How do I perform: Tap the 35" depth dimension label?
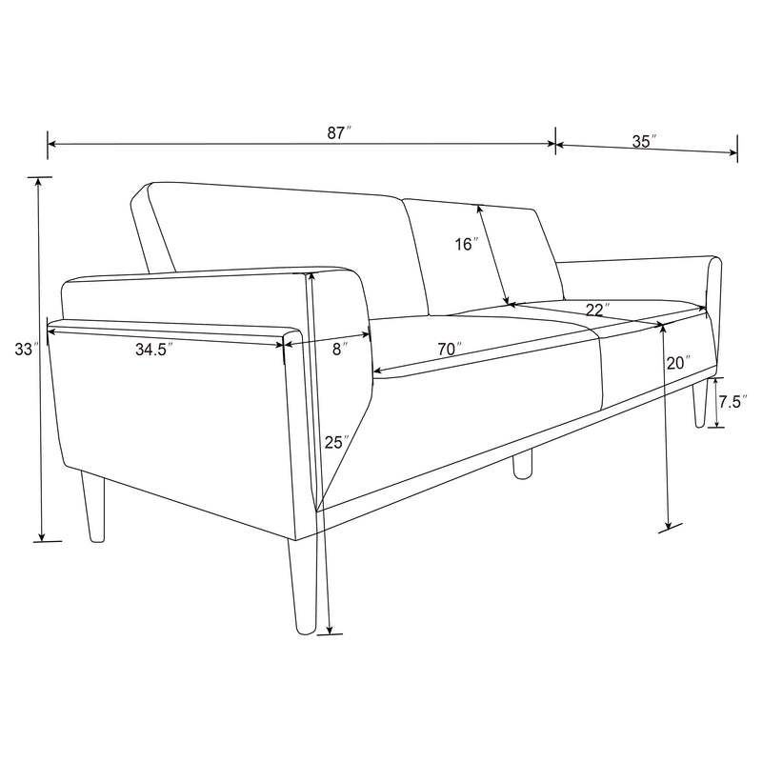point(645,141)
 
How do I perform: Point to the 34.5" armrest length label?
point(153,350)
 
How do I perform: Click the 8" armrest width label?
point(338,349)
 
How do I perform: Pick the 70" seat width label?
point(450,349)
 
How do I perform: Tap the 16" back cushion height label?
point(465,244)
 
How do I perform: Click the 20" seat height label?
point(677,363)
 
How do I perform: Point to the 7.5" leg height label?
point(731,402)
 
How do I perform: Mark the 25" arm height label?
point(334,442)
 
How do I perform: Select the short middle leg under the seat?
point(522,464)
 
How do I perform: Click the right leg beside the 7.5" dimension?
point(699,401)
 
